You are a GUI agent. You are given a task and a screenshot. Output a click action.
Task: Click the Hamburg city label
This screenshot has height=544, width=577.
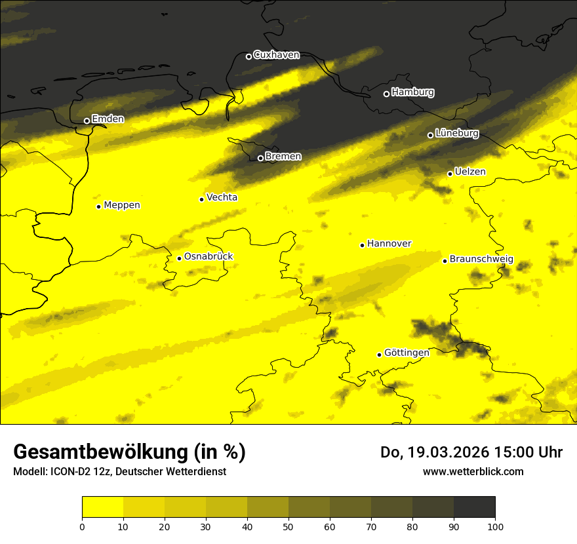pyautogui.click(x=412, y=92)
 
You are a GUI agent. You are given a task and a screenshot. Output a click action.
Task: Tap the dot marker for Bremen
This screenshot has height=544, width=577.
pyautogui.click(x=260, y=158)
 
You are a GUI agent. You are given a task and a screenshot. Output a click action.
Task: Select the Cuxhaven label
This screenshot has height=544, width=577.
pyautogui.click(x=276, y=55)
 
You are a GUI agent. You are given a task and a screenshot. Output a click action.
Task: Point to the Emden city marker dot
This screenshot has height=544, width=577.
pyautogui.click(x=87, y=121)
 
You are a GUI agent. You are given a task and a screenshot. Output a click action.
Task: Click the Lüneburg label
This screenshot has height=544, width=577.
pyautogui.click(x=456, y=133)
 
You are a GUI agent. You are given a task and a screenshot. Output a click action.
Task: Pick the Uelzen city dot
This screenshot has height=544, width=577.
pyautogui.click(x=450, y=174)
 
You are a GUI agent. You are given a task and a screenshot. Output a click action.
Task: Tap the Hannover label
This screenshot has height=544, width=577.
pyautogui.click(x=389, y=244)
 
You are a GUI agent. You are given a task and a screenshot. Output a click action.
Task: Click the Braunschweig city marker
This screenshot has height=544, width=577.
pyautogui.click(x=445, y=261)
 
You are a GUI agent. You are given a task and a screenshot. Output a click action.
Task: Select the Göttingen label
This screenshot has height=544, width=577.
pyautogui.click(x=407, y=353)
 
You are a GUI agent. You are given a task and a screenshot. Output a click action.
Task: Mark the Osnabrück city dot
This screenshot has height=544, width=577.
pyautogui.click(x=179, y=258)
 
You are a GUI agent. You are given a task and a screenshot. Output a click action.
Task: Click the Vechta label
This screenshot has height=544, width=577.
pyautogui.click(x=222, y=197)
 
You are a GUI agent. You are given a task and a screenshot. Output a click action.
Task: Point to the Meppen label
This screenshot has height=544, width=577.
pyautogui.click(x=122, y=205)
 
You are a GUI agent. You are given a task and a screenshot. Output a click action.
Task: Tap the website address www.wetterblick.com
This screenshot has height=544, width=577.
pyautogui.click(x=473, y=471)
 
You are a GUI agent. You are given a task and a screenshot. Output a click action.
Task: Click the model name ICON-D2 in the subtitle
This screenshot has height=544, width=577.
pyautogui.click(x=69, y=471)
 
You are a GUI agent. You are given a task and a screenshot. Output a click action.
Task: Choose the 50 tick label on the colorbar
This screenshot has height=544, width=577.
pyautogui.click(x=288, y=526)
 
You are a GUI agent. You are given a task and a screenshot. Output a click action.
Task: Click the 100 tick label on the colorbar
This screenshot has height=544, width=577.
pyautogui.click(x=495, y=526)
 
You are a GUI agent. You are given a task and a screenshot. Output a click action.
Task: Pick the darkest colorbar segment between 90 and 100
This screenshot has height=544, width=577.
pyautogui.click(x=474, y=507)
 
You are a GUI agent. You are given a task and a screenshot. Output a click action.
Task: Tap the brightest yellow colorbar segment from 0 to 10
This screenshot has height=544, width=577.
pyautogui.click(x=102, y=507)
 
